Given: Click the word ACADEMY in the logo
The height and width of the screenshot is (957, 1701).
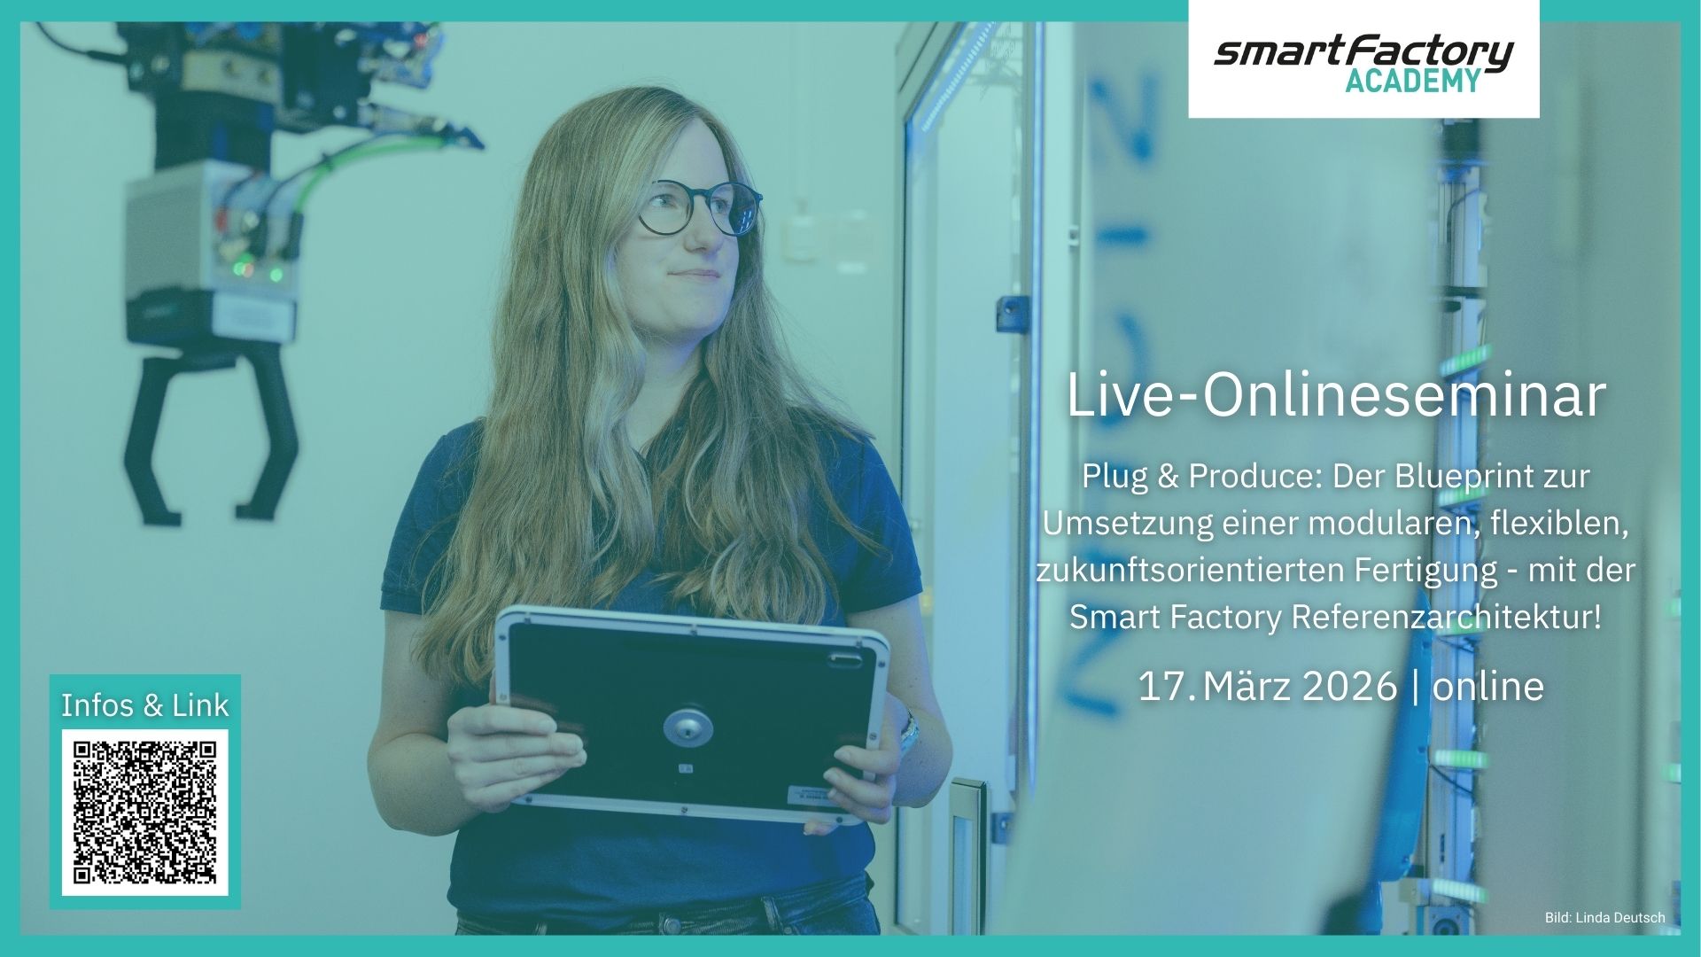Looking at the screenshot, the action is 1413,81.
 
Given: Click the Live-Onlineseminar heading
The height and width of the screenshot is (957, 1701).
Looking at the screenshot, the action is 1336,395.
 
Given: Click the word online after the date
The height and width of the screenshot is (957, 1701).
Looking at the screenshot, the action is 1487,686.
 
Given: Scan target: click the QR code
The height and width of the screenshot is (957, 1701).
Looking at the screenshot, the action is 144,813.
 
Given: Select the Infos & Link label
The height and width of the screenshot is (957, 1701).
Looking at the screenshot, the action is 144,705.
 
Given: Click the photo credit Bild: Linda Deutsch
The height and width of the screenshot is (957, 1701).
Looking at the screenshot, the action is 1604,918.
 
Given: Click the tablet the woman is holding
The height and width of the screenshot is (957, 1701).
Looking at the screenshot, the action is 691,714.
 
